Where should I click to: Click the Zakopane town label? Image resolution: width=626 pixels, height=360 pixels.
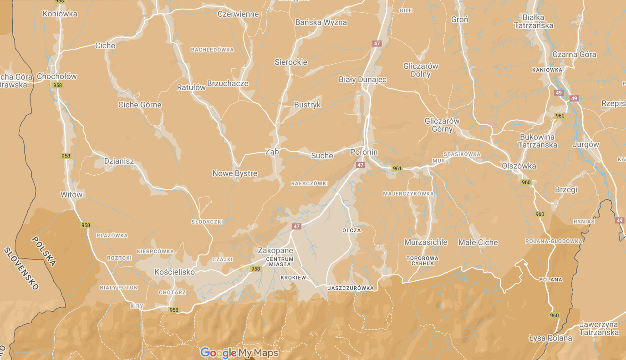pos(275,250)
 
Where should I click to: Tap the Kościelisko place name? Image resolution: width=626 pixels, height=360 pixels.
pos(174,272)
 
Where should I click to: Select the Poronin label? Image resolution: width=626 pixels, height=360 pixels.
pos(364,152)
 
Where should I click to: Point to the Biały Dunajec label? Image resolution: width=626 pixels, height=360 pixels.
pos(362,80)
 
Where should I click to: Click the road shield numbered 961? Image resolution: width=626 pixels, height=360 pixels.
pos(397,168)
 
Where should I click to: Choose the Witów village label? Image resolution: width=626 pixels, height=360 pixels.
pos(71,195)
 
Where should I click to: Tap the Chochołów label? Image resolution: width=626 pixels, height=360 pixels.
pos(57,76)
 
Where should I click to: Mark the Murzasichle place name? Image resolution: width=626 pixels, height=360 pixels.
pos(426,243)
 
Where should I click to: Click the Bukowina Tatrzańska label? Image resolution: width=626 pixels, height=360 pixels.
pos(537,141)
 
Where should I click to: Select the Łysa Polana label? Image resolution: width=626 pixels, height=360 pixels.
pos(550,338)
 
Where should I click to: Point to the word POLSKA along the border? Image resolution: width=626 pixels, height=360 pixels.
pos(44,251)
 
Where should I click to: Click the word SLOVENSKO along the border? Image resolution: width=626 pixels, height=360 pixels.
pos(21,269)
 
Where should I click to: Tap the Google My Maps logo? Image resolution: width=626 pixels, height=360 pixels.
pos(239,353)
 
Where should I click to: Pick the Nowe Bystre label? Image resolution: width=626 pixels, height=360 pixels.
pos(234,173)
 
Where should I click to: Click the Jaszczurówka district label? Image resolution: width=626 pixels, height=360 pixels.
pos(351,288)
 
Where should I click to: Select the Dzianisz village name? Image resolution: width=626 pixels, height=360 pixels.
pos(119,161)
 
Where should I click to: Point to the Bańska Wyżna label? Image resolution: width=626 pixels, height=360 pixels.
pos(321,22)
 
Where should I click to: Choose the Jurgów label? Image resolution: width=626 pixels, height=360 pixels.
pos(587,144)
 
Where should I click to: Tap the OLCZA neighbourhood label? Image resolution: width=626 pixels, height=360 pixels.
pos(351,230)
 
